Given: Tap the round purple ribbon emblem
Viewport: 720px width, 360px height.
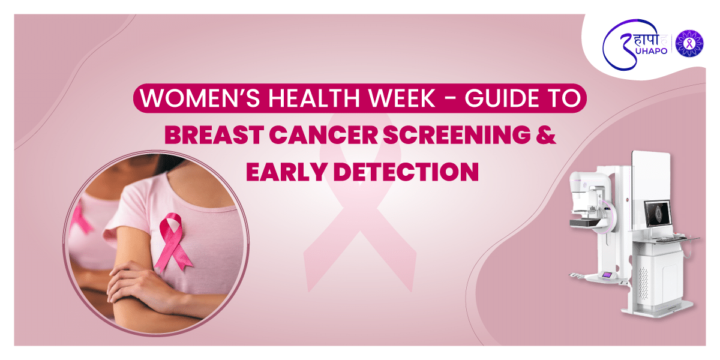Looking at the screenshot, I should pyautogui.click(x=689, y=43).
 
